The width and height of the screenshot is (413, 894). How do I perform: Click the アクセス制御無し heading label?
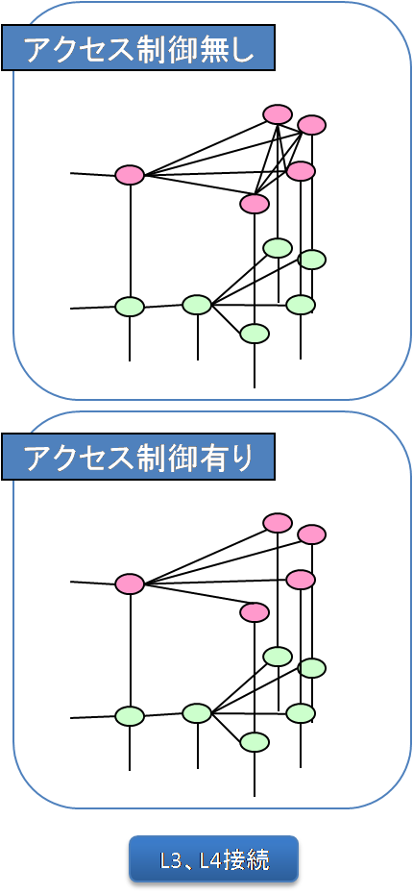138,48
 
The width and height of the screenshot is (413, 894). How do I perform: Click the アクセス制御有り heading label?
138,457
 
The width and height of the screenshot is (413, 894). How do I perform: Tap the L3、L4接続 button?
213,860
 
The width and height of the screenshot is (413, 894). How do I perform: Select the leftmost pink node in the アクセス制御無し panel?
130,174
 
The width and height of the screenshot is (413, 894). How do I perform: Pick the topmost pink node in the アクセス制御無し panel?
278,114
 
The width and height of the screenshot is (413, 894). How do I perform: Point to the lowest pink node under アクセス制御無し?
255,203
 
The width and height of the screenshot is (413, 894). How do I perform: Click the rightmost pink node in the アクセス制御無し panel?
311,124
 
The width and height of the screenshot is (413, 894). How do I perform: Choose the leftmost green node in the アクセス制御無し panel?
130,307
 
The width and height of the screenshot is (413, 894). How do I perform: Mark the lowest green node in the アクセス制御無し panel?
255,333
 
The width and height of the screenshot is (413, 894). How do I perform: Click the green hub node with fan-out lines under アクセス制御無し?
197,305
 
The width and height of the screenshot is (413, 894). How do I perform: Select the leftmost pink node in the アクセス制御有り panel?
130,584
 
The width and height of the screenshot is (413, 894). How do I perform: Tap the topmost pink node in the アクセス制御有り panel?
278,523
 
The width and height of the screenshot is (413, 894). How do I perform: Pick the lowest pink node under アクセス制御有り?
255,612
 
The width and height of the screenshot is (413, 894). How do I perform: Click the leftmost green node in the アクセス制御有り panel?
130,715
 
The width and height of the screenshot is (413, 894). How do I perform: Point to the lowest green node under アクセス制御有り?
255,742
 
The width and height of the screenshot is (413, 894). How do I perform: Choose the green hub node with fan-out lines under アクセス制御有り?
197,713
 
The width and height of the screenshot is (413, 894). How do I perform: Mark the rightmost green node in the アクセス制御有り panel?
311,668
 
